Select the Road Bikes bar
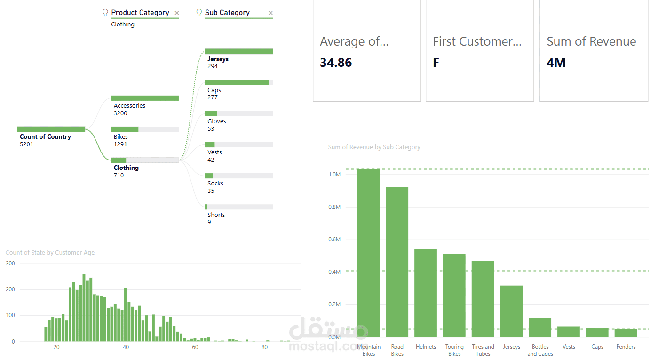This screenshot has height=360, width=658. click(397, 262)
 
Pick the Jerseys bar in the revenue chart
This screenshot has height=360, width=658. click(511, 311)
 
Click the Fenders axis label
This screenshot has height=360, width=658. click(626, 347)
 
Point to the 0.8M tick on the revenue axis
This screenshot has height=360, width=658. click(334, 207)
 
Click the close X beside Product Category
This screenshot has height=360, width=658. click(176, 13)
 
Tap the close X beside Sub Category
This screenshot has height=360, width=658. click(270, 13)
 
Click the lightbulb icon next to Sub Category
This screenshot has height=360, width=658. click(199, 13)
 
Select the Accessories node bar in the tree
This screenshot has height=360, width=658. click(145, 98)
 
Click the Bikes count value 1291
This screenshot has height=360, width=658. click(120, 144)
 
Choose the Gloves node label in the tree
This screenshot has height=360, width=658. click(216, 121)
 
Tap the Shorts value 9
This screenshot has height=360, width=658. click(209, 222)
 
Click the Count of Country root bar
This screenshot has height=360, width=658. click(51, 129)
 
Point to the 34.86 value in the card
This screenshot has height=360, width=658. click(336, 63)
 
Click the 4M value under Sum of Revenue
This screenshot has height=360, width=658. click(556, 63)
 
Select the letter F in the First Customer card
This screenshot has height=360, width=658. click(436, 63)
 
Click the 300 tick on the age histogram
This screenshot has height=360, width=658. click(10, 264)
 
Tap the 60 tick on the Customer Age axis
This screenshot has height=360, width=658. click(195, 347)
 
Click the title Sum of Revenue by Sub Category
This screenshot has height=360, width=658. click(374, 147)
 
